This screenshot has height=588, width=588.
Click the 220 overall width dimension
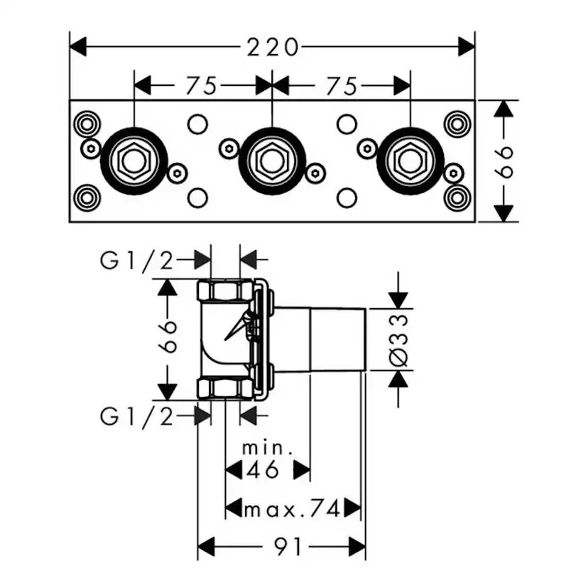click(x=272, y=48)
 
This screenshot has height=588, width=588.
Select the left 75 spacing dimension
click(x=201, y=86)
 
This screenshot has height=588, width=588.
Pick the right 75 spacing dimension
click(x=341, y=86)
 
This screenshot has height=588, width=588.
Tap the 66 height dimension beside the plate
click(x=503, y=162)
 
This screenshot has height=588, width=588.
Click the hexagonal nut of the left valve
click(x=134, y=161)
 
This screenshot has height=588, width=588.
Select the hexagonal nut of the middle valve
click(x=272, y=161)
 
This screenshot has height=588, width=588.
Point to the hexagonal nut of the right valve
click(x=410, y=161)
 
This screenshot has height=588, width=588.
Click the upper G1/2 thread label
click(x=137, y=261)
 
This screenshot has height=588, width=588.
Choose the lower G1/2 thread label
click(x=137, y=416)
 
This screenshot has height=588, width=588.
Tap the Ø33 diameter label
click(x=399, y=339)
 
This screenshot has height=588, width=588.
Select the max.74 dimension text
click(x=291, y=508)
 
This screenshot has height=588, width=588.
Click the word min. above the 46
click(x=268, y=448)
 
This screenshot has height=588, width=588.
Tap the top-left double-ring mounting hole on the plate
click(x=87, y=124)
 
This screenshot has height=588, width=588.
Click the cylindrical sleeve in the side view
click(x=338, y=339)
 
